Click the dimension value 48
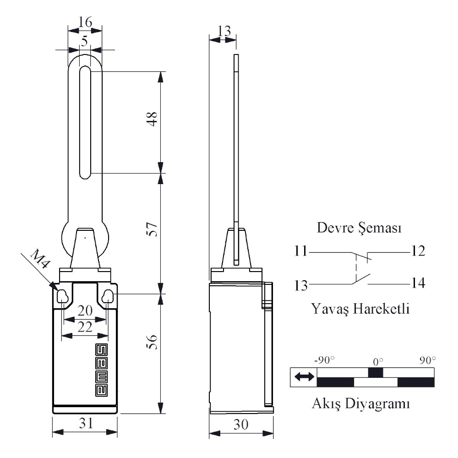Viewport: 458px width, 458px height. pos(152,119)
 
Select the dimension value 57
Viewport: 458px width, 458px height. pos(152,229)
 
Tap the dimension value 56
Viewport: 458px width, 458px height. pos(152,342)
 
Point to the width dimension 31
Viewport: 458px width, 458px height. pos(86,423)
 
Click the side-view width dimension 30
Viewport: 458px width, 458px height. pos(241,424)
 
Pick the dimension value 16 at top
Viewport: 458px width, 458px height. pos(85,22)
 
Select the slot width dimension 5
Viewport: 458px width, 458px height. pos(84,41)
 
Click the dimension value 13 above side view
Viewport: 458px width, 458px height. pos(224,31)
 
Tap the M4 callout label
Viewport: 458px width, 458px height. pos(40,258)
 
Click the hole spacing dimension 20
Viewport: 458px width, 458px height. pos(85,311)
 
